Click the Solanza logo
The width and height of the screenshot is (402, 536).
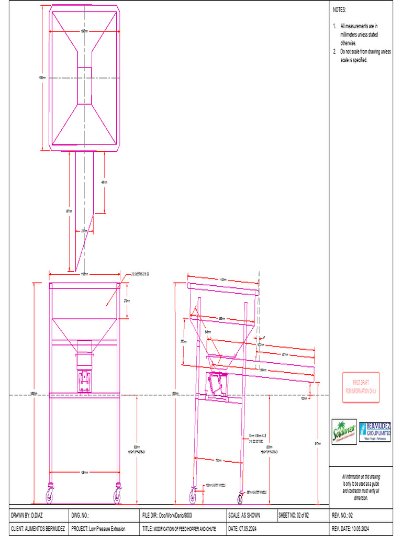click(344, 432)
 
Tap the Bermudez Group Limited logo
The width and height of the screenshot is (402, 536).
click(375, 432)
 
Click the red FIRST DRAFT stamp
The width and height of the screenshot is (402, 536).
click(361, 387)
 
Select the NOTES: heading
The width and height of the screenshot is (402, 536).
click(340, 10)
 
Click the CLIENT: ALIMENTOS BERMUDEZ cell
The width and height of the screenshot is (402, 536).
click(38, 529)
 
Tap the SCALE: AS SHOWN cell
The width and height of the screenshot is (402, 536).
click(244, 516)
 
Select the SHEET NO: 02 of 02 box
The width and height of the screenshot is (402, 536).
click(297, 516)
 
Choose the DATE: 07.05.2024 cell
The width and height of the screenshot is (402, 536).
click(244, 529)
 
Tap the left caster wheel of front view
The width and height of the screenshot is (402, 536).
click(50, 495)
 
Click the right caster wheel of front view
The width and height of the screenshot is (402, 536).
click(117, 495)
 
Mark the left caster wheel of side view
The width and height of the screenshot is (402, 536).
click(193, 495)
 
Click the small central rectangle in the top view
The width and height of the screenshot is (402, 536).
click(84, 85)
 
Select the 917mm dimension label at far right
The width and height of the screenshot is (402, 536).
click(317, 443)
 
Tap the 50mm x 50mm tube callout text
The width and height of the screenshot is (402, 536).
click(258, 437)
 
